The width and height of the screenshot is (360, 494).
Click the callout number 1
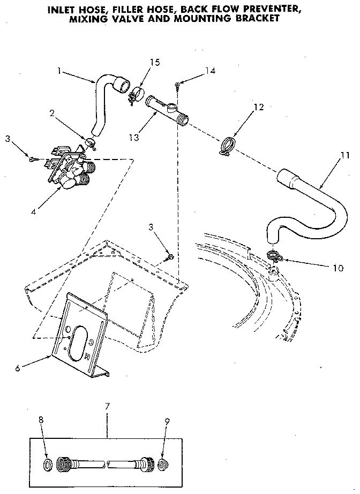click(59, 70)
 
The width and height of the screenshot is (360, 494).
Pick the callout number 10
click(337, 268)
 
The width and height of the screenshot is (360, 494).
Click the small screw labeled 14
click(177, 83)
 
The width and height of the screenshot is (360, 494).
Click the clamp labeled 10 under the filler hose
click(273, 257)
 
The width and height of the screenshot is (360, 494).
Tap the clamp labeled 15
click(137, 94)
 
